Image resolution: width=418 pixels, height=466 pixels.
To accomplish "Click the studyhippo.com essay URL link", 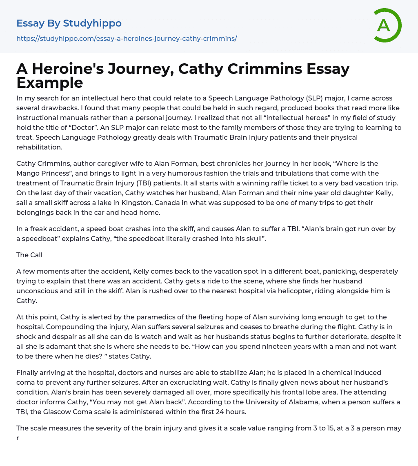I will pyautogui.click(x=127, y=38).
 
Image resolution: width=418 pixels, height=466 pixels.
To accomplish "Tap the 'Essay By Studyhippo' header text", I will pyautogui.click(x=69, y=23).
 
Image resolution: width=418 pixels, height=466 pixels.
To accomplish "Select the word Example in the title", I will pyautogui.click(x=50, y=82).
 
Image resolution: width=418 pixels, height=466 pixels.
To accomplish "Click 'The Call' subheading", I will pyautogui.click(x=29, y=255).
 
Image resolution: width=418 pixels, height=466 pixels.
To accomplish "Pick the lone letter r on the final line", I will pyautogui.click(x=18, y=438).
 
